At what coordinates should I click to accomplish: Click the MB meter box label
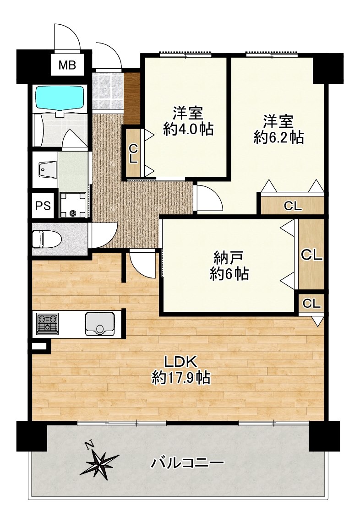[67, 65]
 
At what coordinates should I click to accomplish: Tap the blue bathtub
[60, 98]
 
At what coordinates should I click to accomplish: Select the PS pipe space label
[44, 206]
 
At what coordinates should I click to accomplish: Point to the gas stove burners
[47, 323]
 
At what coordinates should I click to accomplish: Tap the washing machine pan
[73, 205]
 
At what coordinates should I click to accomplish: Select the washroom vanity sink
[47, 170]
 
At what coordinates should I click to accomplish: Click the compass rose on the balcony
[99, 462]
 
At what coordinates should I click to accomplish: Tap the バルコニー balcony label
[187, 462]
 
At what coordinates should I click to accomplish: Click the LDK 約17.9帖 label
[180, 370]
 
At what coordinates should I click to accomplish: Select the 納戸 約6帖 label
[229, 266]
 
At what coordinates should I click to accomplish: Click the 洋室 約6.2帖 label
[278, 129]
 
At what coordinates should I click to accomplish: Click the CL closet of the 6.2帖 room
[293, 206]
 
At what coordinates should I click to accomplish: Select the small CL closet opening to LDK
[311, 303]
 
